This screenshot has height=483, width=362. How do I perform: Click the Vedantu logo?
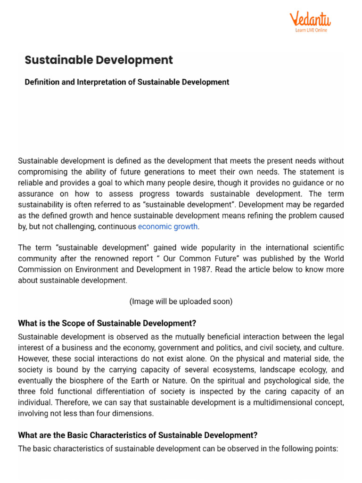310,20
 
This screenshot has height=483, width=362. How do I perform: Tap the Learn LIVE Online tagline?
311,30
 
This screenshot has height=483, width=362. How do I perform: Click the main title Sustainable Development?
99,60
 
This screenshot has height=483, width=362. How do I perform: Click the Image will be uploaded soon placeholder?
181,301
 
